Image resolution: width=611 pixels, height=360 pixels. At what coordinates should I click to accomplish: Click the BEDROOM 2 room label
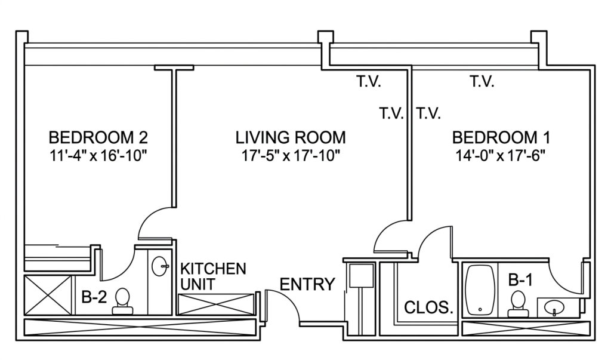click(x=98, y=138)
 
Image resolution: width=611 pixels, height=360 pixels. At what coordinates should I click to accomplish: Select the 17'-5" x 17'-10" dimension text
click(x=291, y=157)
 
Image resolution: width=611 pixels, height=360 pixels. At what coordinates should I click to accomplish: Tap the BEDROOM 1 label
click(x=501, y=138)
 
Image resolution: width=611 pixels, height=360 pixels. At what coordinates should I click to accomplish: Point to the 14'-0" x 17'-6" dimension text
click(x=501, y=157)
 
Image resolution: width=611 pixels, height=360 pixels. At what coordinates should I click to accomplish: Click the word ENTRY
click(x=307, y=284)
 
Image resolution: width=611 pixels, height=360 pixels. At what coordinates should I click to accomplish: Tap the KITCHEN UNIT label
click(x=213, y=276)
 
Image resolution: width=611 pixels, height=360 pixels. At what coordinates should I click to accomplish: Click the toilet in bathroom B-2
click(x=122, y=300)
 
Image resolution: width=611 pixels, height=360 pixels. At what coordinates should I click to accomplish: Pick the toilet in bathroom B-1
click(x=518, y=303)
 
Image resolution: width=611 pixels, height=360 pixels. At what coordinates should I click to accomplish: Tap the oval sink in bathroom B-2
click(x=159, y=266)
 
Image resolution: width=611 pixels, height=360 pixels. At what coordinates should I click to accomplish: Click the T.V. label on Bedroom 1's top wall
click(x=482, y=82)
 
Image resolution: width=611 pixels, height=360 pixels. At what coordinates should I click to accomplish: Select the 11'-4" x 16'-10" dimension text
click(x=98, y=157)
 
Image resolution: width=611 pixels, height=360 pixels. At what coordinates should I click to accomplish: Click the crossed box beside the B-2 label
click(x=47, y=295)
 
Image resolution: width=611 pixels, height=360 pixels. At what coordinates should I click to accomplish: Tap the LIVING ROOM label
click(x=291, y=138)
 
